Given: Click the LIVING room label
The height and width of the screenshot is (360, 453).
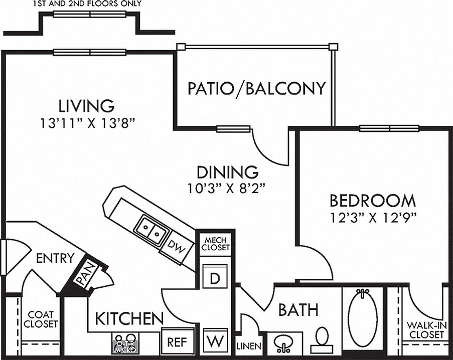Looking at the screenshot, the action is [86, 106].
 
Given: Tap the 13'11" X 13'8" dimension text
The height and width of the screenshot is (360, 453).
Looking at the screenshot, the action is [87, 123].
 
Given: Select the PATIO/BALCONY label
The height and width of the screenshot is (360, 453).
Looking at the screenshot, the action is [256, 88].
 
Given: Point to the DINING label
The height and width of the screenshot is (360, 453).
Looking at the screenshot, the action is [227, 172].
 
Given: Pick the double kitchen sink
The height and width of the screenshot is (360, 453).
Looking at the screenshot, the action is [152, 230].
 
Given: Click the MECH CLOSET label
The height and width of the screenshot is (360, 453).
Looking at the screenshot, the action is [216, 244].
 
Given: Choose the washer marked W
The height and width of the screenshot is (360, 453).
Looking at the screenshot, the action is [215, 340].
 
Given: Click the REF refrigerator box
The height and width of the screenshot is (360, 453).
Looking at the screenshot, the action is [178, 342].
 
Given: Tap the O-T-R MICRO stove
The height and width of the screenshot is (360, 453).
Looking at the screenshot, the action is [125, 343].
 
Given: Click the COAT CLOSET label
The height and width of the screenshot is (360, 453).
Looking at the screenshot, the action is [41, 319].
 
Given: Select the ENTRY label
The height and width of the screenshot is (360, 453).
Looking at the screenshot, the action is [55, 258].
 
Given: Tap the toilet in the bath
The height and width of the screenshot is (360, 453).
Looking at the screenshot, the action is [321, 339].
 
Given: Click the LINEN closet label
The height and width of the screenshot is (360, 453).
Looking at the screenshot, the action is [249, 346].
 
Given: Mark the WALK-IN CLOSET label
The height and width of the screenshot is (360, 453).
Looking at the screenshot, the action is [427, 330].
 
